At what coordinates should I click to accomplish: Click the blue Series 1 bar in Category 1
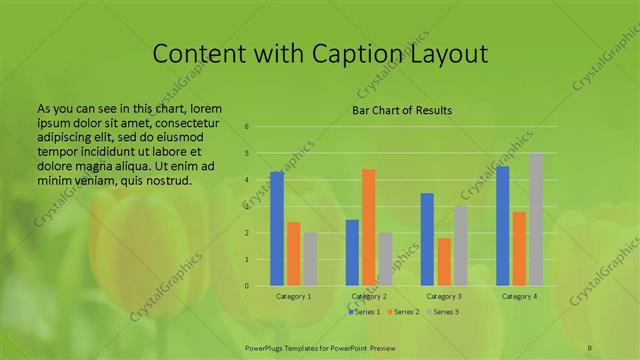point(277,229)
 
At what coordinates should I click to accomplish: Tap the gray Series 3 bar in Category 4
point(536,219)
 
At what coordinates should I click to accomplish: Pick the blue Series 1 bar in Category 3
point(427,239)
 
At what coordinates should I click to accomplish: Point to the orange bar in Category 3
point(444,262)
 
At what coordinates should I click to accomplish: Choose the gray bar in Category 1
point(310,259)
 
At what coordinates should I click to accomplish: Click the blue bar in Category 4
point(503,226)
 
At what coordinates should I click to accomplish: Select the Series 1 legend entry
point(364,312)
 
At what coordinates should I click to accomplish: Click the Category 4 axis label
point(519,297)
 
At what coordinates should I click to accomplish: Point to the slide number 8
point(590,345)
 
